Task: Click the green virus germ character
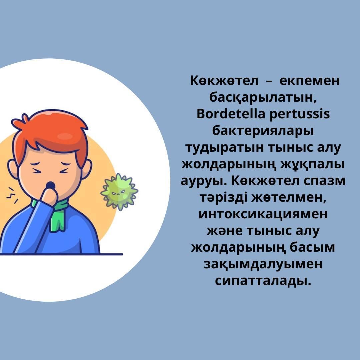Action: [119, 192]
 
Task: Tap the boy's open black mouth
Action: [51, 185]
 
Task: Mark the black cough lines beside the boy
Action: [12, 195]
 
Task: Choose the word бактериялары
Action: [263, 131]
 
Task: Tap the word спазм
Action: [324, 181]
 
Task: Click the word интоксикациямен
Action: [263, 214]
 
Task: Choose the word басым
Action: [312, 248]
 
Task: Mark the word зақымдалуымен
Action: [263, 264]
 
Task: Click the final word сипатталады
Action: [263, 281]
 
